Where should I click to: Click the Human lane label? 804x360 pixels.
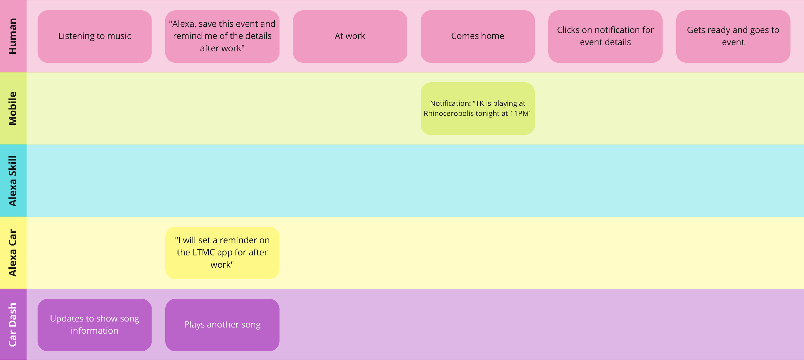tap(13, 36)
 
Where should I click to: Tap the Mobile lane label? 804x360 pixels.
tap(13, 108)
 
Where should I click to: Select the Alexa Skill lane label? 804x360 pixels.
tap(13, 181)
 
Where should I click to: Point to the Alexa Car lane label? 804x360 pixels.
tap(13, 253)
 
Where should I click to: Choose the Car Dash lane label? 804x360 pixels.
tap(13, 325)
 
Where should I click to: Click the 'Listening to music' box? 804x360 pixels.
tap(95, 36)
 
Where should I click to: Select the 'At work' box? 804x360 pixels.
tap(350, 36)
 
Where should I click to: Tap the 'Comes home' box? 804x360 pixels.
tap(478, 36)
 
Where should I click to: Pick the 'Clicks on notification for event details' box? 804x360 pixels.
tap(605, 36)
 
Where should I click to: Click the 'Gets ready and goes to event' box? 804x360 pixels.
tap(733, 36)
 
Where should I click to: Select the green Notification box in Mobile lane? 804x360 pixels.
tap(478, 108)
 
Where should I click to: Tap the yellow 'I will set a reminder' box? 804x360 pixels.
tap(222, 253)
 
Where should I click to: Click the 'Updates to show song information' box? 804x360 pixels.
tap(95, 325)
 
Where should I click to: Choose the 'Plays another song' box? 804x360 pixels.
tap(222, 325)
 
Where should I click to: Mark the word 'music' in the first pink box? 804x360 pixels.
tap(119, 36)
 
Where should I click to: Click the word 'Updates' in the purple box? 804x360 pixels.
tap(67, 319)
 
